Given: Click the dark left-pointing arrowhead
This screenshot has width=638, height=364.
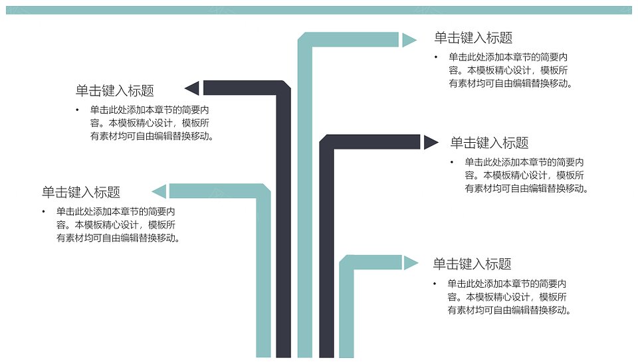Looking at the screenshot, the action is (193, 88).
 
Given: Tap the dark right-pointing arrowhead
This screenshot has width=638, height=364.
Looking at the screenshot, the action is (431, 142).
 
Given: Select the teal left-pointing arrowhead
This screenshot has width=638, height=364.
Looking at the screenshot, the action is (160, 191).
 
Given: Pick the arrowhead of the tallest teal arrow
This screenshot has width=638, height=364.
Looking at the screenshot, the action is (409, 40).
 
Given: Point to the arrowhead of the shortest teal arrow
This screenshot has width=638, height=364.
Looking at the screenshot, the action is (410, 263).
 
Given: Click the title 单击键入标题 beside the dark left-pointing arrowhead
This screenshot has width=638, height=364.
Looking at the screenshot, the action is (115, 90).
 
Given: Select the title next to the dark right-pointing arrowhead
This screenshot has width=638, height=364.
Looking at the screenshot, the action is (489, 143).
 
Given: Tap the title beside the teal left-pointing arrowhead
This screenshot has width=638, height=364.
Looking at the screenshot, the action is (81, 192).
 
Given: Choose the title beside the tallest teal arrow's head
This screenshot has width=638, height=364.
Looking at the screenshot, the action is (473, 37).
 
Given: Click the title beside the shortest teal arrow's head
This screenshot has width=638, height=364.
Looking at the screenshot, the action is (472, 264).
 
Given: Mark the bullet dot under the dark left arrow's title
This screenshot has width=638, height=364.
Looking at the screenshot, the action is (77, 110).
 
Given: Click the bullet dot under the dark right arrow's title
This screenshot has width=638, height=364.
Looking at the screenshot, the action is (452, 162).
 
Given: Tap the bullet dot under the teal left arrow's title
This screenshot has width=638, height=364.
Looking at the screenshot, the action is (44, 211).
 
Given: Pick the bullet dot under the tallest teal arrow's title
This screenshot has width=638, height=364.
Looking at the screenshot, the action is (436, 57).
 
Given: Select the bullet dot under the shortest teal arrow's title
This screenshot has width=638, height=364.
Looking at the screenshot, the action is (435, 284).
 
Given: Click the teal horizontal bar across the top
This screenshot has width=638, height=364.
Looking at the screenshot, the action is (319, 10).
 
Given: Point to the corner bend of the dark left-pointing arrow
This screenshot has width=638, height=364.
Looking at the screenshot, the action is (284, 88).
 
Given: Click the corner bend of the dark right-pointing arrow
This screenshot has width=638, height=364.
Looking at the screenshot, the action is (327, 142).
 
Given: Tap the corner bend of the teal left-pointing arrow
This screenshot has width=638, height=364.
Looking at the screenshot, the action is (263, 191).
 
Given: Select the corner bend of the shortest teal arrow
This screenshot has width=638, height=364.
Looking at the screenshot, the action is (347, 263).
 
